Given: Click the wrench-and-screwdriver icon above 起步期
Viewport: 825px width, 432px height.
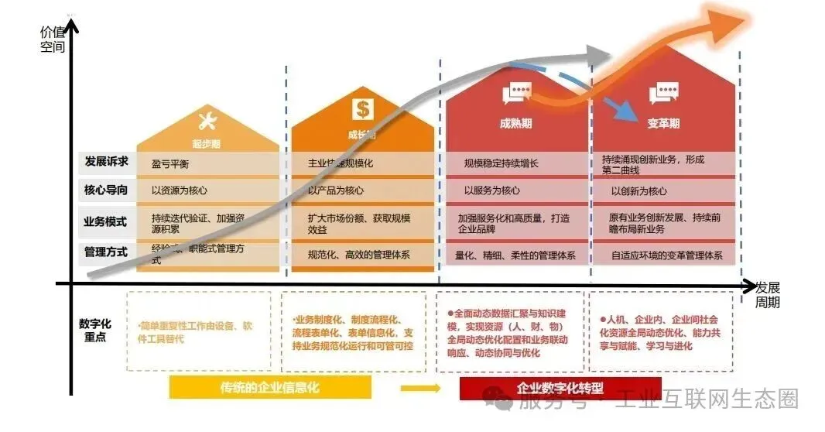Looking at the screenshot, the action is point(208,121).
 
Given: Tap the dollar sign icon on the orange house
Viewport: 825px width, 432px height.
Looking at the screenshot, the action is point(363,108).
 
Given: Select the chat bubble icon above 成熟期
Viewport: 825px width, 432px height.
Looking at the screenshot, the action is point(516,94).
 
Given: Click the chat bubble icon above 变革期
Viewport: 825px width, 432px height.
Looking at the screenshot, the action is point(664,94).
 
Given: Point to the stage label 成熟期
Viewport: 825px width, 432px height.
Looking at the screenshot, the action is point(516,123).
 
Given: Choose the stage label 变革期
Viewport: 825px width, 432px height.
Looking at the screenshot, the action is point(663,123).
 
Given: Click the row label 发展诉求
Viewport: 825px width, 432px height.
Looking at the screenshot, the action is point(106,163).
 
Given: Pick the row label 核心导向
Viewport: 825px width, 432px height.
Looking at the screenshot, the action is point(106,190).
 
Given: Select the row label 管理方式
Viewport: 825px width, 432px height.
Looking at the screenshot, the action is point(106,252).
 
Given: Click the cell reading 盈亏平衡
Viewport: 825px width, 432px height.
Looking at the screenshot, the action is point(170,164).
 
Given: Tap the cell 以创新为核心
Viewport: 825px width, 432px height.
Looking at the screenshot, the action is point(638,191).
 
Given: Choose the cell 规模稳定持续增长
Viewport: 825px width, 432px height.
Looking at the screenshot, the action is point(501,163).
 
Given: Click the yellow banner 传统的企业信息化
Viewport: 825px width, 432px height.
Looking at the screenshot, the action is point(270,387).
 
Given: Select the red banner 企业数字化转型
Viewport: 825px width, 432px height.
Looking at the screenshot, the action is point(560,388).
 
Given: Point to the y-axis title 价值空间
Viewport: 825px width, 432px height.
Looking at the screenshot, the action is point(52,39).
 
